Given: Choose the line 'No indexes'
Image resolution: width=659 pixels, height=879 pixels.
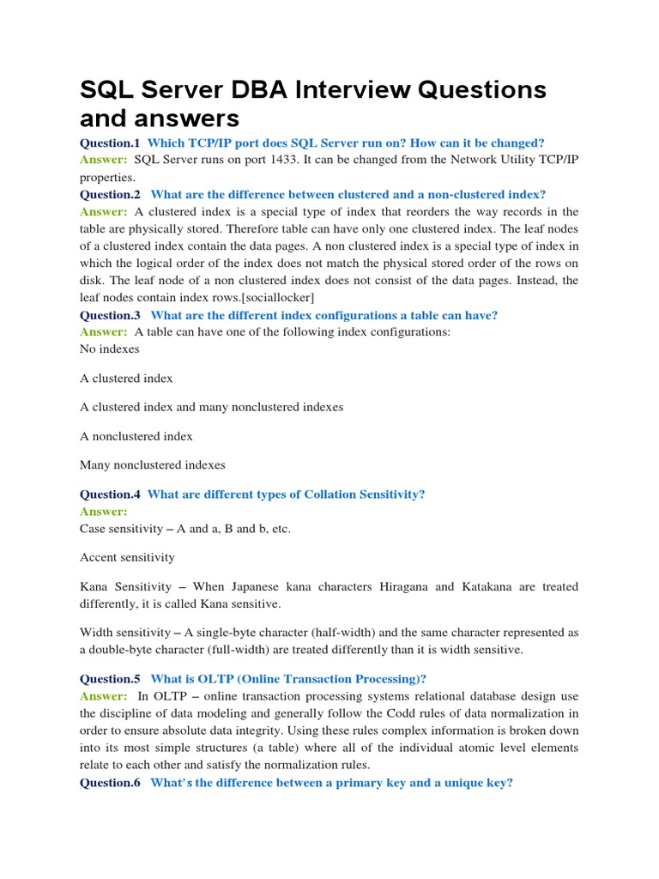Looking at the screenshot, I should click(110, 349).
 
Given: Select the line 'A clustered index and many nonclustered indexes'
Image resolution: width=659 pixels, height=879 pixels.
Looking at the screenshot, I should click(211, 407).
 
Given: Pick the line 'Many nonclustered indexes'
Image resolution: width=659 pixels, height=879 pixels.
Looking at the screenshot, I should click(153, 464).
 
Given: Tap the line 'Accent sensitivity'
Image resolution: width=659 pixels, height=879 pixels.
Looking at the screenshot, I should click(127, 557).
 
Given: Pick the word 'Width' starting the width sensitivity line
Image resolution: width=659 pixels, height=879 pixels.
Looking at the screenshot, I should click(97, 633).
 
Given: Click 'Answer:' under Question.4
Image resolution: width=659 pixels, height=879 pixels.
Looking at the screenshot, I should click(103, 512).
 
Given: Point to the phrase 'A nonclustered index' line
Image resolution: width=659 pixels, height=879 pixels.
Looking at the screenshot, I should click(136, 436).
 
